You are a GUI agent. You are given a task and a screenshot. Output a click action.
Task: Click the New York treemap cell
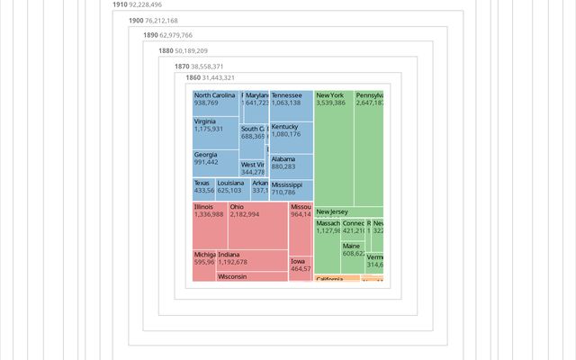coord(333,144)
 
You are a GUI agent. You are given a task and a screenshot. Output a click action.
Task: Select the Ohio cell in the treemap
coord(257,225)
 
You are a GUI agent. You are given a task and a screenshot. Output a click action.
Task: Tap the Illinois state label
coord(204,207)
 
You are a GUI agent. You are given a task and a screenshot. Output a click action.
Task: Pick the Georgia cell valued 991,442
coord(215,162)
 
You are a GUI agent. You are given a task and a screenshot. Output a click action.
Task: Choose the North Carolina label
coord(215,95)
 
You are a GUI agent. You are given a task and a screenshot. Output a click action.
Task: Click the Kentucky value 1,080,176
coord(286,135)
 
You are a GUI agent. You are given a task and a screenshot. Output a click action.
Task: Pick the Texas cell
coord(203,188)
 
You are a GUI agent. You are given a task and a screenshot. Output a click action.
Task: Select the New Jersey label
coord(332,212)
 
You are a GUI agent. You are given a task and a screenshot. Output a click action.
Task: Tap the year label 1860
coord(193,78)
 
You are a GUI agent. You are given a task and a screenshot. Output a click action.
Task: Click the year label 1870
coord(182,67)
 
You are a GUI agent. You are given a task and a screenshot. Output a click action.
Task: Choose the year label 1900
coord(136,20)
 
